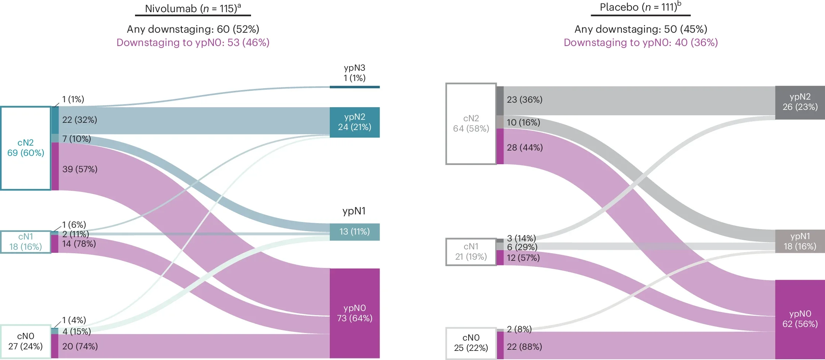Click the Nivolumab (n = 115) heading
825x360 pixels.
click(x=193, y=8)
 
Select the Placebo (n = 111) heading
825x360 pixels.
click(x=640, y=7)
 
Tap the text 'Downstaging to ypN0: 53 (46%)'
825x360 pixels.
click(x=193, y=43)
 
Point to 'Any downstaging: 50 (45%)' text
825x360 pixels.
click(x=641, y=29)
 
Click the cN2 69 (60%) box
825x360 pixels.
click(x=25, y=148)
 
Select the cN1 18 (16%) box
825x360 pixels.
click(x=25, y=242)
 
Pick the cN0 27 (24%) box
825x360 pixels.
click(x=25, y=341)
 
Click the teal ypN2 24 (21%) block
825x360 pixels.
click(x=354, y=122)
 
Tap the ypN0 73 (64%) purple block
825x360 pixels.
click(x=354, y=313)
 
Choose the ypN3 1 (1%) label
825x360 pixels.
click(x=354, y=73)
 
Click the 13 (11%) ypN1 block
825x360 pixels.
click(x=354, y=232)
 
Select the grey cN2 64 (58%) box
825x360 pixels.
click(x=471, y=124)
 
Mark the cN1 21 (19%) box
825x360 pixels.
click(x=471, y=252)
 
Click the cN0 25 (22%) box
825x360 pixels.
click(x=471, y=343)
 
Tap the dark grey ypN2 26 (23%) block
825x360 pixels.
click(x=800, y=102)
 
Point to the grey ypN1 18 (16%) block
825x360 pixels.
click(x=800, y=241)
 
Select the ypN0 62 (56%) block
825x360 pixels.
click(x=800, y=319)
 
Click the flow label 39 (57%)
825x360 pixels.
click(x=80, y=169)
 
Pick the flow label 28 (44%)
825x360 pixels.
click(x=525, y=147)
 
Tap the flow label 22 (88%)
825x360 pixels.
click(x=524, y=347)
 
